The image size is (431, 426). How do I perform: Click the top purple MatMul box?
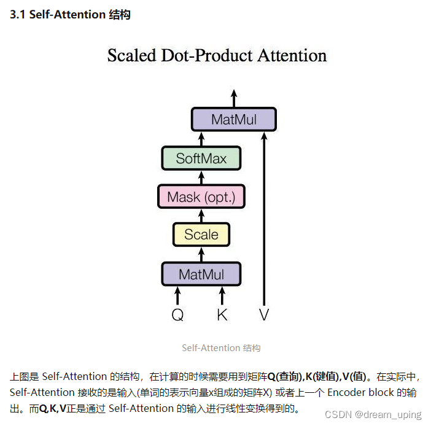pos(234,119)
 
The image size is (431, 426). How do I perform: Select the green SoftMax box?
pos(201,158)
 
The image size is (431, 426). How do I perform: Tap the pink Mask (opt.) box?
pos(201,197)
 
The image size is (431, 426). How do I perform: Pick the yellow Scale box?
pos(201,234)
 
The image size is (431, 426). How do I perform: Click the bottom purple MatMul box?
pos(201,274)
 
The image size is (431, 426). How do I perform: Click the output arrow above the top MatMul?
pos(234,98)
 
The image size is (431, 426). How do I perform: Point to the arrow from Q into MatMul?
pos(178,295)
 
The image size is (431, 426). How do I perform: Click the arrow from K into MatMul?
pos(222,295)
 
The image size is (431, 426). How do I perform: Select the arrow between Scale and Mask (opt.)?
pos(201,216)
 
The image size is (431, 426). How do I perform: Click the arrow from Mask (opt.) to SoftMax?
pos(201,177)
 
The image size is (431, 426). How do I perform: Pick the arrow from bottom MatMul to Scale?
pos(201,254)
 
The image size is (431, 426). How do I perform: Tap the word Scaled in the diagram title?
pos(132,56)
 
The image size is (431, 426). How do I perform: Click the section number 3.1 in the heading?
pos(18,15)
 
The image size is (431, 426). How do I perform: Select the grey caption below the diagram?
pos(221,348)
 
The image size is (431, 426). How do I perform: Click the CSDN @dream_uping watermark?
pos(373,415)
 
